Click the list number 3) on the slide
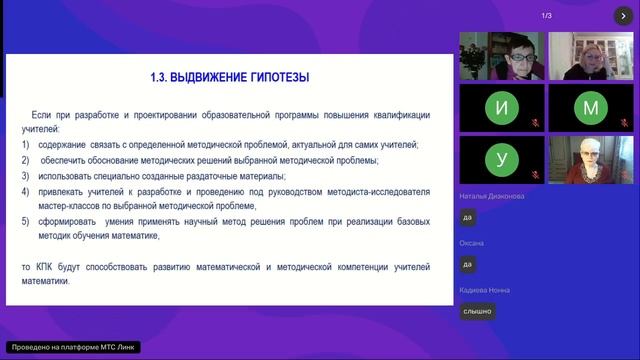pos(26,175)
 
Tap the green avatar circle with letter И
pos(501,107)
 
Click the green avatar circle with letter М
pos(591,107)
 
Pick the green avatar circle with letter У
pos(501,159)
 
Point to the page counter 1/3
pos(546,16)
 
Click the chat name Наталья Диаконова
pos(492,197)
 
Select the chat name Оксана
pos(472,243)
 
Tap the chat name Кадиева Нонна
pos(484,290)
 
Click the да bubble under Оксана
pos(467,265)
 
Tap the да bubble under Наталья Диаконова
pos(467,218)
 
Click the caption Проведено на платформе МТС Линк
pos(71,347)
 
